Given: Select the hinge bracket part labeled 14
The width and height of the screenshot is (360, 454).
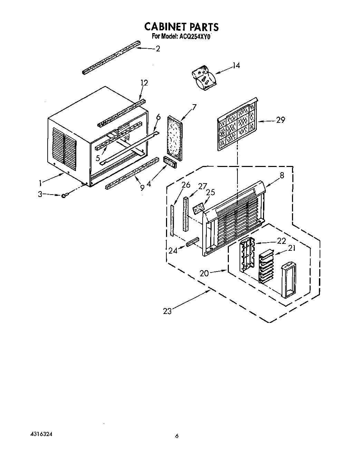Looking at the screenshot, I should [x=204, y=78].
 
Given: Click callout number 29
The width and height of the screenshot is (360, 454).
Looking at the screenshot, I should [x=280, y=120].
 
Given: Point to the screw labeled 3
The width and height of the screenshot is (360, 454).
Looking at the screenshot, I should [x=64, y=196].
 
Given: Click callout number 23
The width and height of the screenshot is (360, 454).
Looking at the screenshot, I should [x=167, y=311].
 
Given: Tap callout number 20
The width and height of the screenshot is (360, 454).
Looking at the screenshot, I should [x=204, y=273].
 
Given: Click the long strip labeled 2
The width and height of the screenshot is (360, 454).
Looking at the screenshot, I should [x=111, y=58].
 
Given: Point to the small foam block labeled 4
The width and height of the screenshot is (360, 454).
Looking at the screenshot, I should [x=169, y=161].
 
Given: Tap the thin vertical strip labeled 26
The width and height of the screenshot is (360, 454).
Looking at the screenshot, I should [x=172, y=220].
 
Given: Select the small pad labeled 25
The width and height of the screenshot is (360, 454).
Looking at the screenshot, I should [x=198, y=209].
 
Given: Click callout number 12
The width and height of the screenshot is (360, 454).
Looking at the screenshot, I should [x=144, y=83].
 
